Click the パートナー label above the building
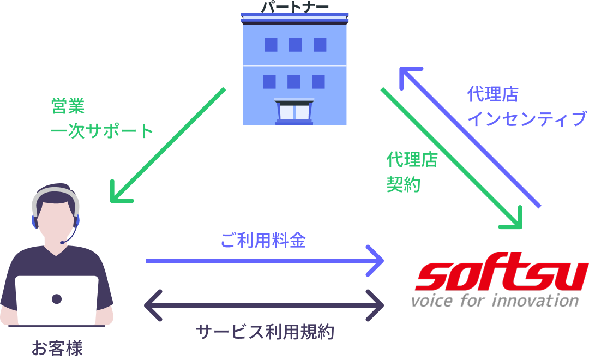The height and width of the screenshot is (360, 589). (x=295, y=7)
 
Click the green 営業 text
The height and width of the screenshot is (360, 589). (x=68, y=106)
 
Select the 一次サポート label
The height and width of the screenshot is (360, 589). (x=102, y=131)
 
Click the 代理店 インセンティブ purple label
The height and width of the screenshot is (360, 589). (x=526, y=107)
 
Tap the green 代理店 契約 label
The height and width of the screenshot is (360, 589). (x=412, y=172)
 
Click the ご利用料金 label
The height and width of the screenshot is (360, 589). (x=263, y=240)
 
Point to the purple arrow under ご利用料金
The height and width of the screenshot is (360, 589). (x=265, y=261)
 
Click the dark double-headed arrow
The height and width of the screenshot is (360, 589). (x=264, y=305)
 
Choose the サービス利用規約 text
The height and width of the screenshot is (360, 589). (x=265, y=332)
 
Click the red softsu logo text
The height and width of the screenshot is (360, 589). (x=501, y=277)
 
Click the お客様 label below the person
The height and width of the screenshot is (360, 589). (x=57, y=348)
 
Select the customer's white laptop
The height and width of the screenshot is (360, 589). (x=57, y=300)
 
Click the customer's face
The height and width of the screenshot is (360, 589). (x=56, y=216)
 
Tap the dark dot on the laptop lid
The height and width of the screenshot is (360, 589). (x=57, y=299)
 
